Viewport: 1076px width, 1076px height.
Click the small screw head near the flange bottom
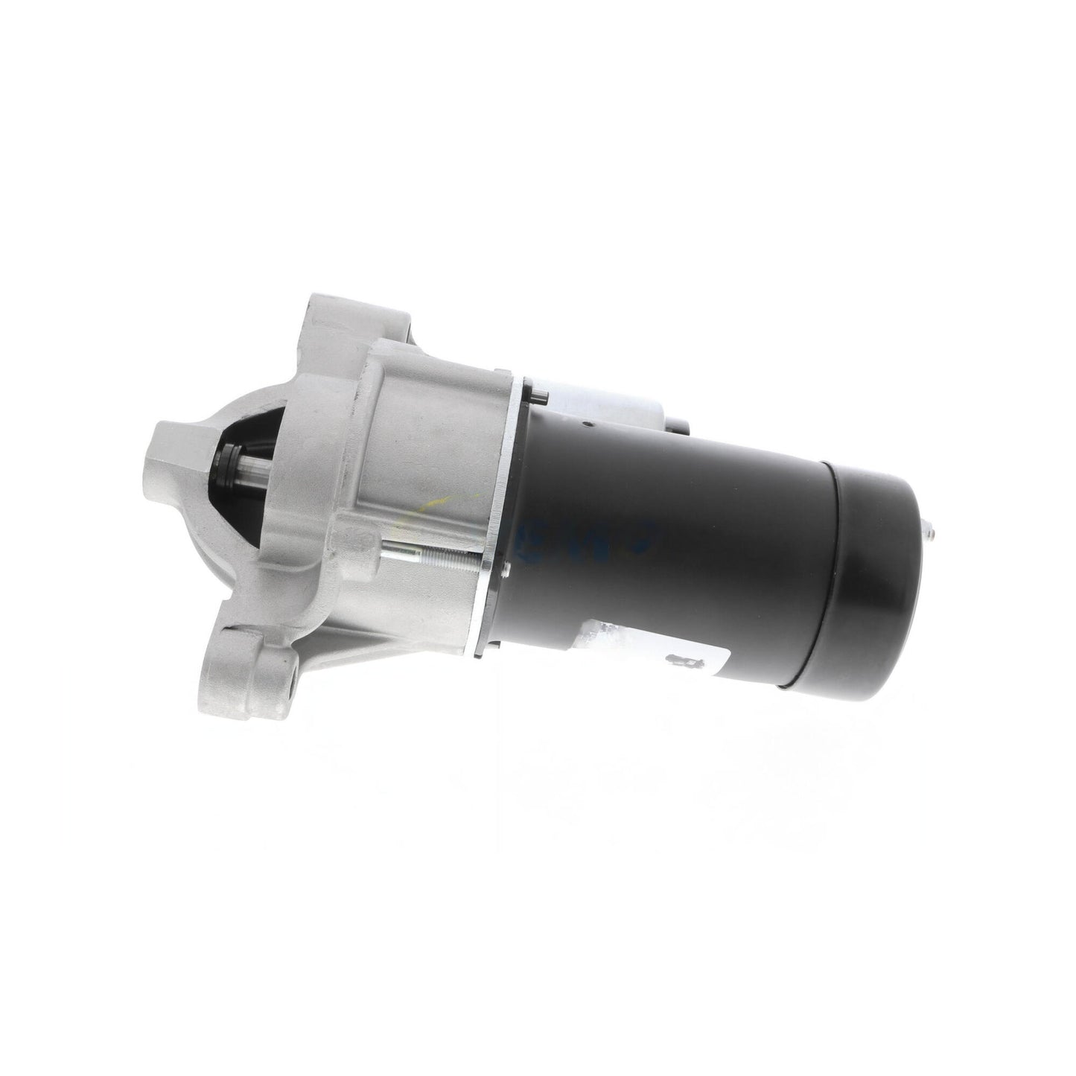point(507,572)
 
